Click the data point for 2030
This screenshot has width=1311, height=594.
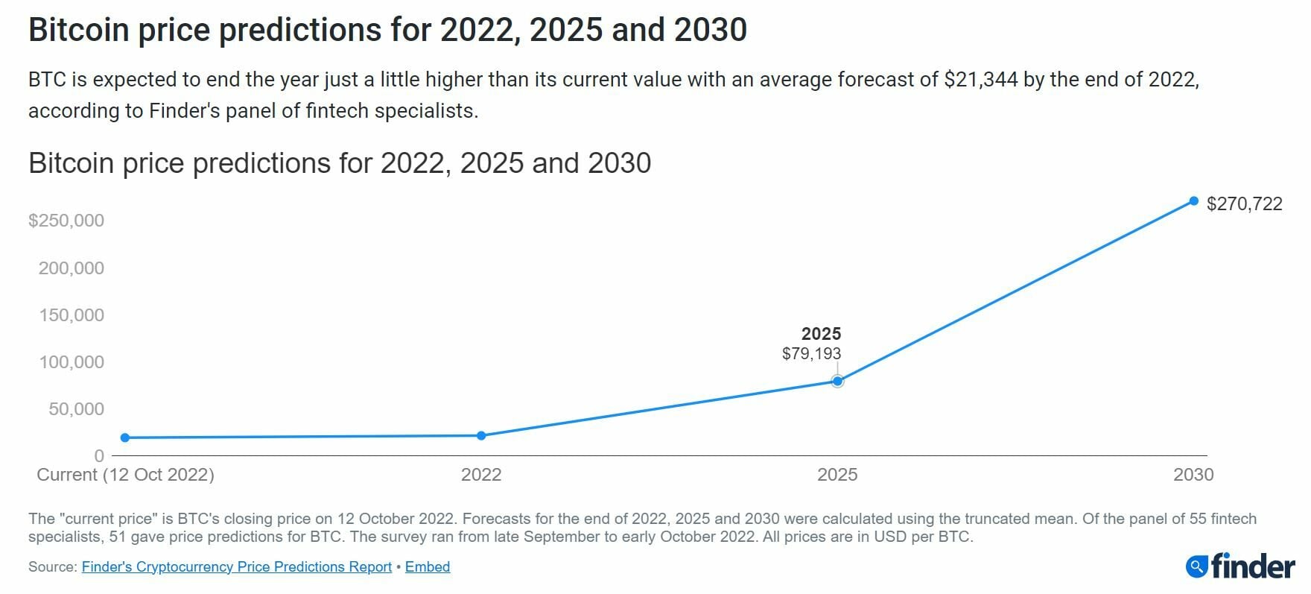click(1193, 201)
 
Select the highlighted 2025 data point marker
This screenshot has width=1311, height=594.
click(837, 382)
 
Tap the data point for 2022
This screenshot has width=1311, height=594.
click(481, 436)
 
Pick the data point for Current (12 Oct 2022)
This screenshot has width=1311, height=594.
click(125, 437)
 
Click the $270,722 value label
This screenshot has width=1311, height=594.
click(1244, 204)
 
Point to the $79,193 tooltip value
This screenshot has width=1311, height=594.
click(811, 354)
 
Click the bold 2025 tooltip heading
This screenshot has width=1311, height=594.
click(821, 334)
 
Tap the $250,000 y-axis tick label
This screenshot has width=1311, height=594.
click(66, 221)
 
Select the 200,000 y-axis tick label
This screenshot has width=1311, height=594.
click(72, 268)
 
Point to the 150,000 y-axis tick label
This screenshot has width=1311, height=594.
click(72, 315)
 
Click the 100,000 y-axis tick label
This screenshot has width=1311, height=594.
click(72, 362)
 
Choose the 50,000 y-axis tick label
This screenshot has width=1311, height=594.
click(76, 409)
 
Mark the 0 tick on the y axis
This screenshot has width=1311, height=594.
click(99, 456)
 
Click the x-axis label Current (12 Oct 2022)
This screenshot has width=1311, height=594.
click(125, 475)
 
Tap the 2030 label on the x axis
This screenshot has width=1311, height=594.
click(1193, 475)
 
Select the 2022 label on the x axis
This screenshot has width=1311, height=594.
click(481, 475)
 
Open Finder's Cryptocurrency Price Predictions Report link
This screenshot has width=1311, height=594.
click(236, 567)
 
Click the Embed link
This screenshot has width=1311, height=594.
click(428, 567)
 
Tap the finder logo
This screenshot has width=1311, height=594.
click(1239, 567)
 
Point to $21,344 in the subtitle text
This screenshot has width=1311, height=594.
click(980, 80)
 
